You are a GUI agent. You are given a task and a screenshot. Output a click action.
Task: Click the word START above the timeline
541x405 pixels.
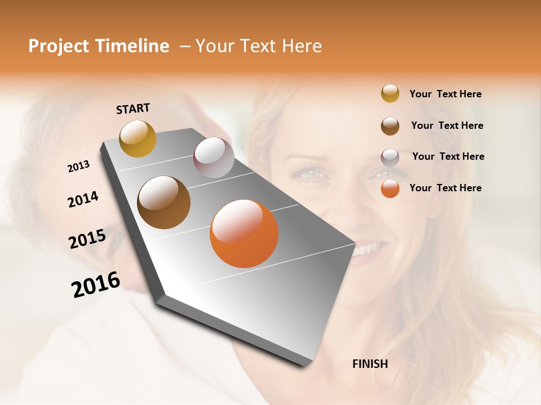pos(133,109)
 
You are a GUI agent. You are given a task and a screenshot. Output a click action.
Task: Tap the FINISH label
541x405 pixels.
pos(370,364)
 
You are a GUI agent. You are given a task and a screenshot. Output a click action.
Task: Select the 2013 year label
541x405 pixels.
pos(78,166)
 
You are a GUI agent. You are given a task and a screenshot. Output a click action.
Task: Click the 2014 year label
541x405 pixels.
pos(83,199)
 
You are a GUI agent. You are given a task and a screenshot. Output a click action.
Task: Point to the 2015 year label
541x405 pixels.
pos(87,239)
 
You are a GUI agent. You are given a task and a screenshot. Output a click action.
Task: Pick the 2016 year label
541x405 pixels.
pos(96,285)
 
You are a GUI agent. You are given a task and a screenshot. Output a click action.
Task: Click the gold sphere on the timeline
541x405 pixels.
pos(138,138)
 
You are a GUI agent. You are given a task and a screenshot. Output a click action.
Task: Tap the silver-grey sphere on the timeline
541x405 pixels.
pos(214,157)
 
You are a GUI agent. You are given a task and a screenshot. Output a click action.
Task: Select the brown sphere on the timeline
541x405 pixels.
pos(163,202)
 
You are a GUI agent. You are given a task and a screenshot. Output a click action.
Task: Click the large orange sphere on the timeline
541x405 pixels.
pos(244,233)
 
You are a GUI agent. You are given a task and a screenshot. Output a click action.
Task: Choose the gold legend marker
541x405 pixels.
pos(390,93)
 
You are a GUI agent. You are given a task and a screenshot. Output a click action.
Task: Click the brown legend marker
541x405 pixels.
pos(390,125)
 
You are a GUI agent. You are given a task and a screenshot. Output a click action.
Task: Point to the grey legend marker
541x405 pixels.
pos(390,157)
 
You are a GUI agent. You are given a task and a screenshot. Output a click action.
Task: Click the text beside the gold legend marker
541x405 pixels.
pos(445,94)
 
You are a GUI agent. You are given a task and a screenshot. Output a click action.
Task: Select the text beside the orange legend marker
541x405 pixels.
pos(445,188)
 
